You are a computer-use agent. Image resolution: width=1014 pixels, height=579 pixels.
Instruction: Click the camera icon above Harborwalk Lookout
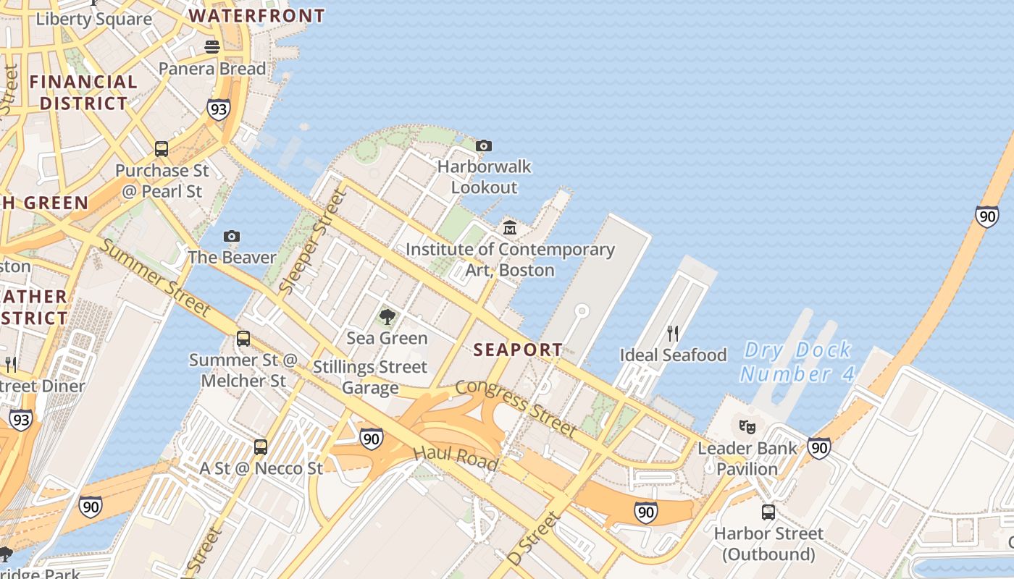pyautogui.click(x=484, y=146)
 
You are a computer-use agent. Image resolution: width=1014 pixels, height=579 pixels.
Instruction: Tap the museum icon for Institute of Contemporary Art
pyautogui.click(x=510, y=228)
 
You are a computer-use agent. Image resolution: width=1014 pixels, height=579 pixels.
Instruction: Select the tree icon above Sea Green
pyautogui.click(x=387, y=316)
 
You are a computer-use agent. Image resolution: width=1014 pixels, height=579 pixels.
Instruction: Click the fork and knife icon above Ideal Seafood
pyautogui.click(x=673, y=334)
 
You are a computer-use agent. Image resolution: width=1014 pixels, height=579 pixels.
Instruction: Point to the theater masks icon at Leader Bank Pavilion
pyautogui.click(x=747, y=426)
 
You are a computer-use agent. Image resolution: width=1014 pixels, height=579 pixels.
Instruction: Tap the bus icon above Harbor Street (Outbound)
pyautogui.click(x=768, y=512)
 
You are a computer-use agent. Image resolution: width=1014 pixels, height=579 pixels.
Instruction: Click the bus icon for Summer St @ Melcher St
pyautogui.click(x=243, y=339)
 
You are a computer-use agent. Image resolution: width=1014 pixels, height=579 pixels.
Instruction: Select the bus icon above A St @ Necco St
pyautogui.click(x=261, y=447)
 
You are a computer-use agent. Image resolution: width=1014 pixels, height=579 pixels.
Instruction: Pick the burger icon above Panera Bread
pyautogui.click(x=212, y=47)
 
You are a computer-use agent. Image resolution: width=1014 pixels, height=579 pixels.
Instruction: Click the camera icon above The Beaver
pyautogui.click(x=232, y=236)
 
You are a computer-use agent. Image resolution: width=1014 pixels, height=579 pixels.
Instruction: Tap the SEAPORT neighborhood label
pyautogui.click(x=517, y=350)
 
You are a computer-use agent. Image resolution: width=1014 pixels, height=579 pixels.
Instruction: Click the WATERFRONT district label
pyautogui.click(x=256, y=15)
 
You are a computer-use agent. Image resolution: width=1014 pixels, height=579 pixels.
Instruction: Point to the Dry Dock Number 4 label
pyautogui.click(x=797, y=362)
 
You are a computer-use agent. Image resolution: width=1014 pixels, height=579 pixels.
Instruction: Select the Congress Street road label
pyautogui.click(x=516, y=407)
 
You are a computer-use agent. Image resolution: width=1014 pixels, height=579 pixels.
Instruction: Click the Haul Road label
pyautogui.click(x=456, y=457)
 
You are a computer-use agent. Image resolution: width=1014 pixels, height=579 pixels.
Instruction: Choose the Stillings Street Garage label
pyautogui.click(x=370, y=377)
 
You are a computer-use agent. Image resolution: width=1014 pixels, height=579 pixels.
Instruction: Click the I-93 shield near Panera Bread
pyautogui.click(x=218, y=109)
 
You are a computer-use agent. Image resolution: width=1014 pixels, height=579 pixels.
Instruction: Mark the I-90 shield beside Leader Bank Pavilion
pyautogui.click(x=819, y=448)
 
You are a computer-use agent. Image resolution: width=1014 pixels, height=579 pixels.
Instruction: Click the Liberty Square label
pyautogui.click(x=94, y=18)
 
